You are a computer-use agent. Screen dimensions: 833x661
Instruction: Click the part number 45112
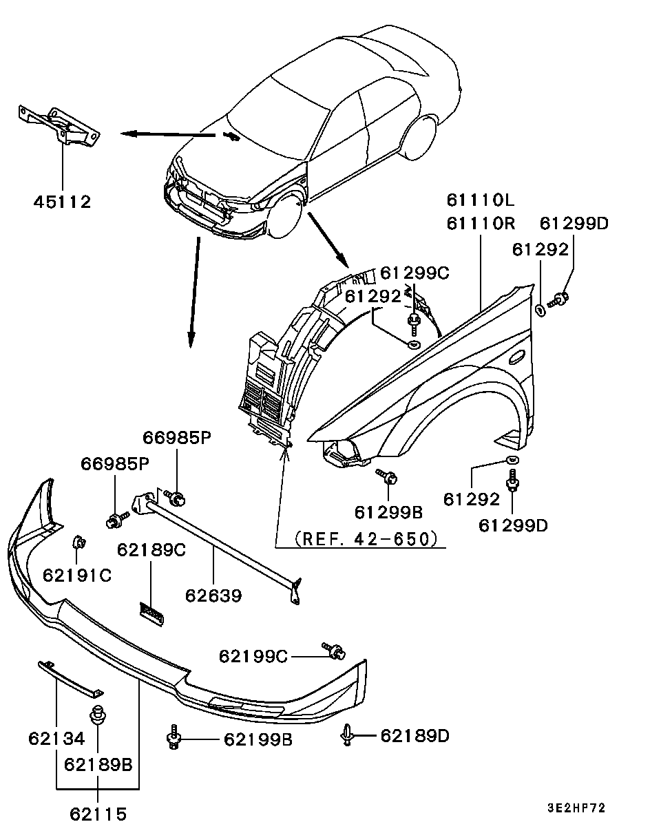coord(62,202)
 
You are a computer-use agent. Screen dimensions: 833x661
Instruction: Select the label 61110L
coord(480,200)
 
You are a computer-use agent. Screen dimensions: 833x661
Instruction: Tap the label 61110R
coord(480,224)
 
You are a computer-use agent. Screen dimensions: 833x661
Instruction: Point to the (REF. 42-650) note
coord(366,538)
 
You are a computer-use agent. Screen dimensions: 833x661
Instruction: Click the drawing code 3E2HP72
coord(576,808)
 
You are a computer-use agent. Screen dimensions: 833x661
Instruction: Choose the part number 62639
coord(213,595)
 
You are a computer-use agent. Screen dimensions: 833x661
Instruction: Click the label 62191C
coord(76,574)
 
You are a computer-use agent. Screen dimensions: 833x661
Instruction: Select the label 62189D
coord(415,736)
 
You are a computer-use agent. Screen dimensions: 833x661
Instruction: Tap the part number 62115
coord(98,814)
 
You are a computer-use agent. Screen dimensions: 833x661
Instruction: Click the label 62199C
coord(253,656)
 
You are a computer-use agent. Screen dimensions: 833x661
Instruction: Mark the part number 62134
coord(56,739)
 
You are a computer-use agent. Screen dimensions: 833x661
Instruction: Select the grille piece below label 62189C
coord(152,613)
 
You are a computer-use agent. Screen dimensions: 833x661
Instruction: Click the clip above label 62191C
coord(78,542)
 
